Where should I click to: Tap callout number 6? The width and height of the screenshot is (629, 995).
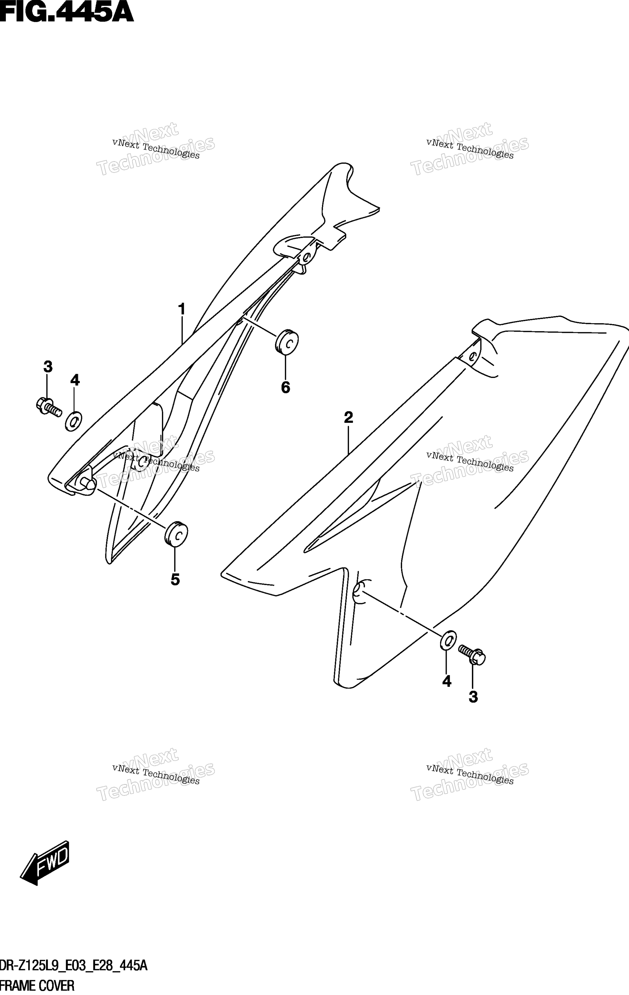[x=285, y=388]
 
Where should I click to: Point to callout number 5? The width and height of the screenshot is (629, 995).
[x=175, y=580]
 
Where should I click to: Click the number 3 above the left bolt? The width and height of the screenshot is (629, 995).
[x=48, y=367]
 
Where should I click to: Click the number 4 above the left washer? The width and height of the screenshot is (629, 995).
[x=75, y=380]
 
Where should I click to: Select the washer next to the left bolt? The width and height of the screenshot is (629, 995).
[x=74, y=421]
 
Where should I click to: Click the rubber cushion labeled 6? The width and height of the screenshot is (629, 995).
[x=287, y=342]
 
